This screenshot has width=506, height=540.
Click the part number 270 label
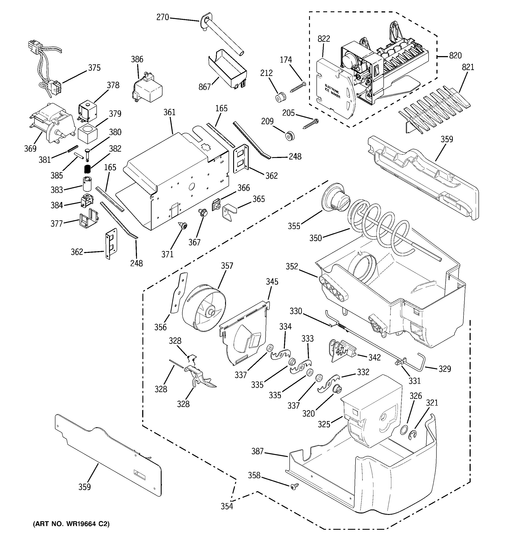[x=162, y=17]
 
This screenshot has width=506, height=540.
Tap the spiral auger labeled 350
[x=378, y=221]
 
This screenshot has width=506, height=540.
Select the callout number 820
[x=455, y=56]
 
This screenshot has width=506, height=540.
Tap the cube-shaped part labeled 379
[x=87, y=134]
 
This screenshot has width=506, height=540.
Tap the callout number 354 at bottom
[x=227, y=506]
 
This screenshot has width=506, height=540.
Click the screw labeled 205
[x=310, y=123]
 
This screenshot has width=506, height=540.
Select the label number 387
[x=257, y=451]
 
